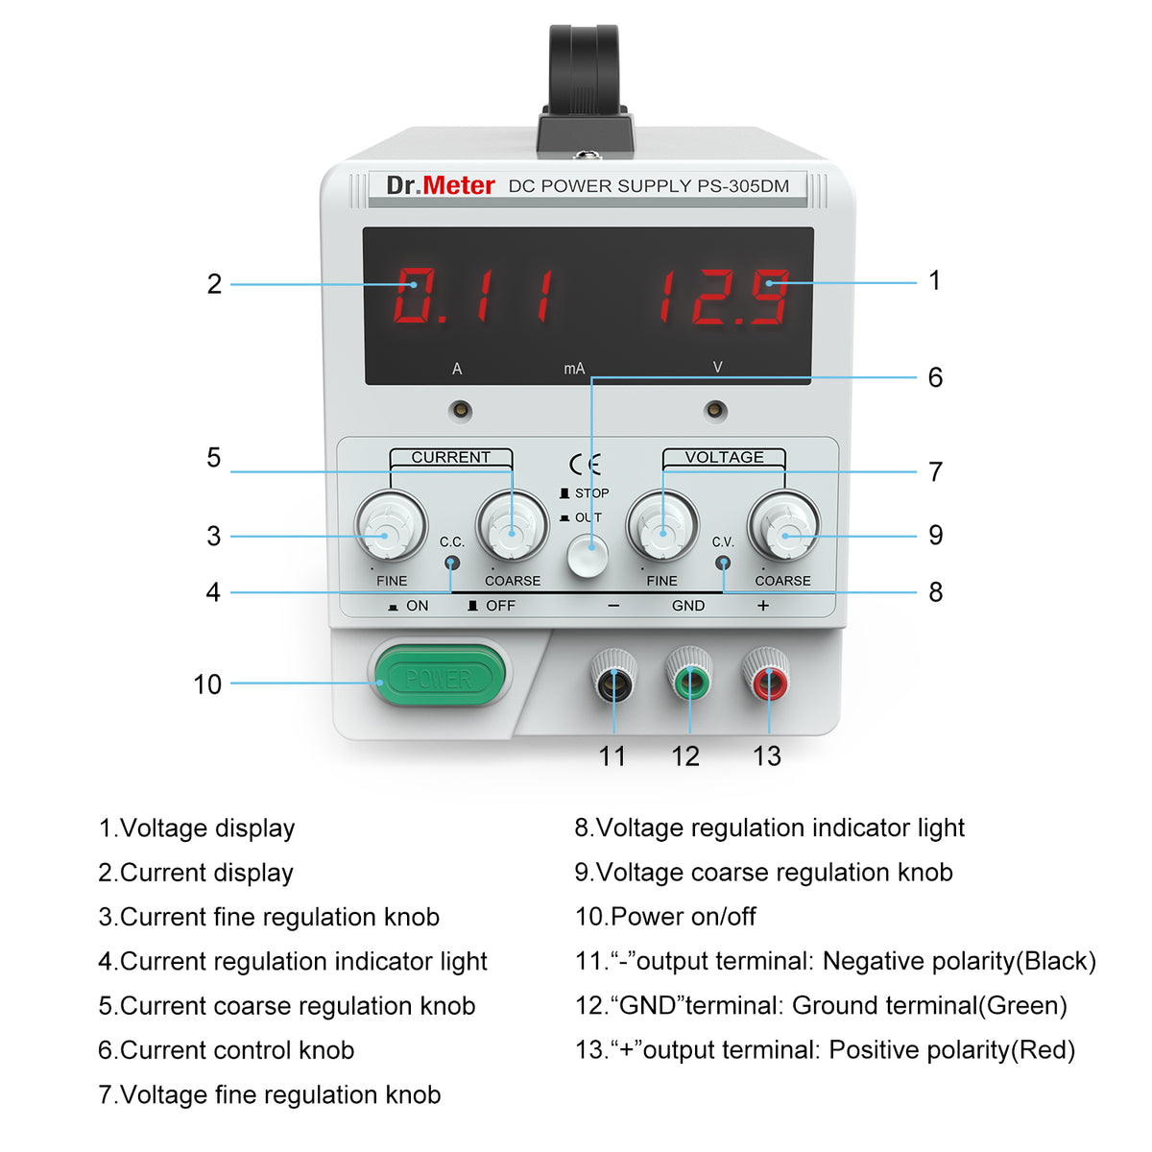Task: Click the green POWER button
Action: tap(439, 678)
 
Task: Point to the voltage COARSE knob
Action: tap(783, 526)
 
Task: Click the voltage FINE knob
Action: tap(661, 526)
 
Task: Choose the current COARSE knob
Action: tap(513, 526)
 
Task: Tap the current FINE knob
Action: tap(390, 526)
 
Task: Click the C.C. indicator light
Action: tap(452, 564)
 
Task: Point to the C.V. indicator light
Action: tap(724, 564)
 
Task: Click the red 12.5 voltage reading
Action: tap(723, 296)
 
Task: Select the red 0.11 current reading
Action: tap(474, 296)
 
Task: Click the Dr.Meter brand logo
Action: tap(441, 185)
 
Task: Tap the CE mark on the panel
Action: tap(585, 465)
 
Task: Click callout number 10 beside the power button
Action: tap(207, 684)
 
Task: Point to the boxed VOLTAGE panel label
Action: tap(724, 458)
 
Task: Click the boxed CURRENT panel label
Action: tap(450, 458)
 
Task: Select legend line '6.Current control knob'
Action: tap(227, 1050)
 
